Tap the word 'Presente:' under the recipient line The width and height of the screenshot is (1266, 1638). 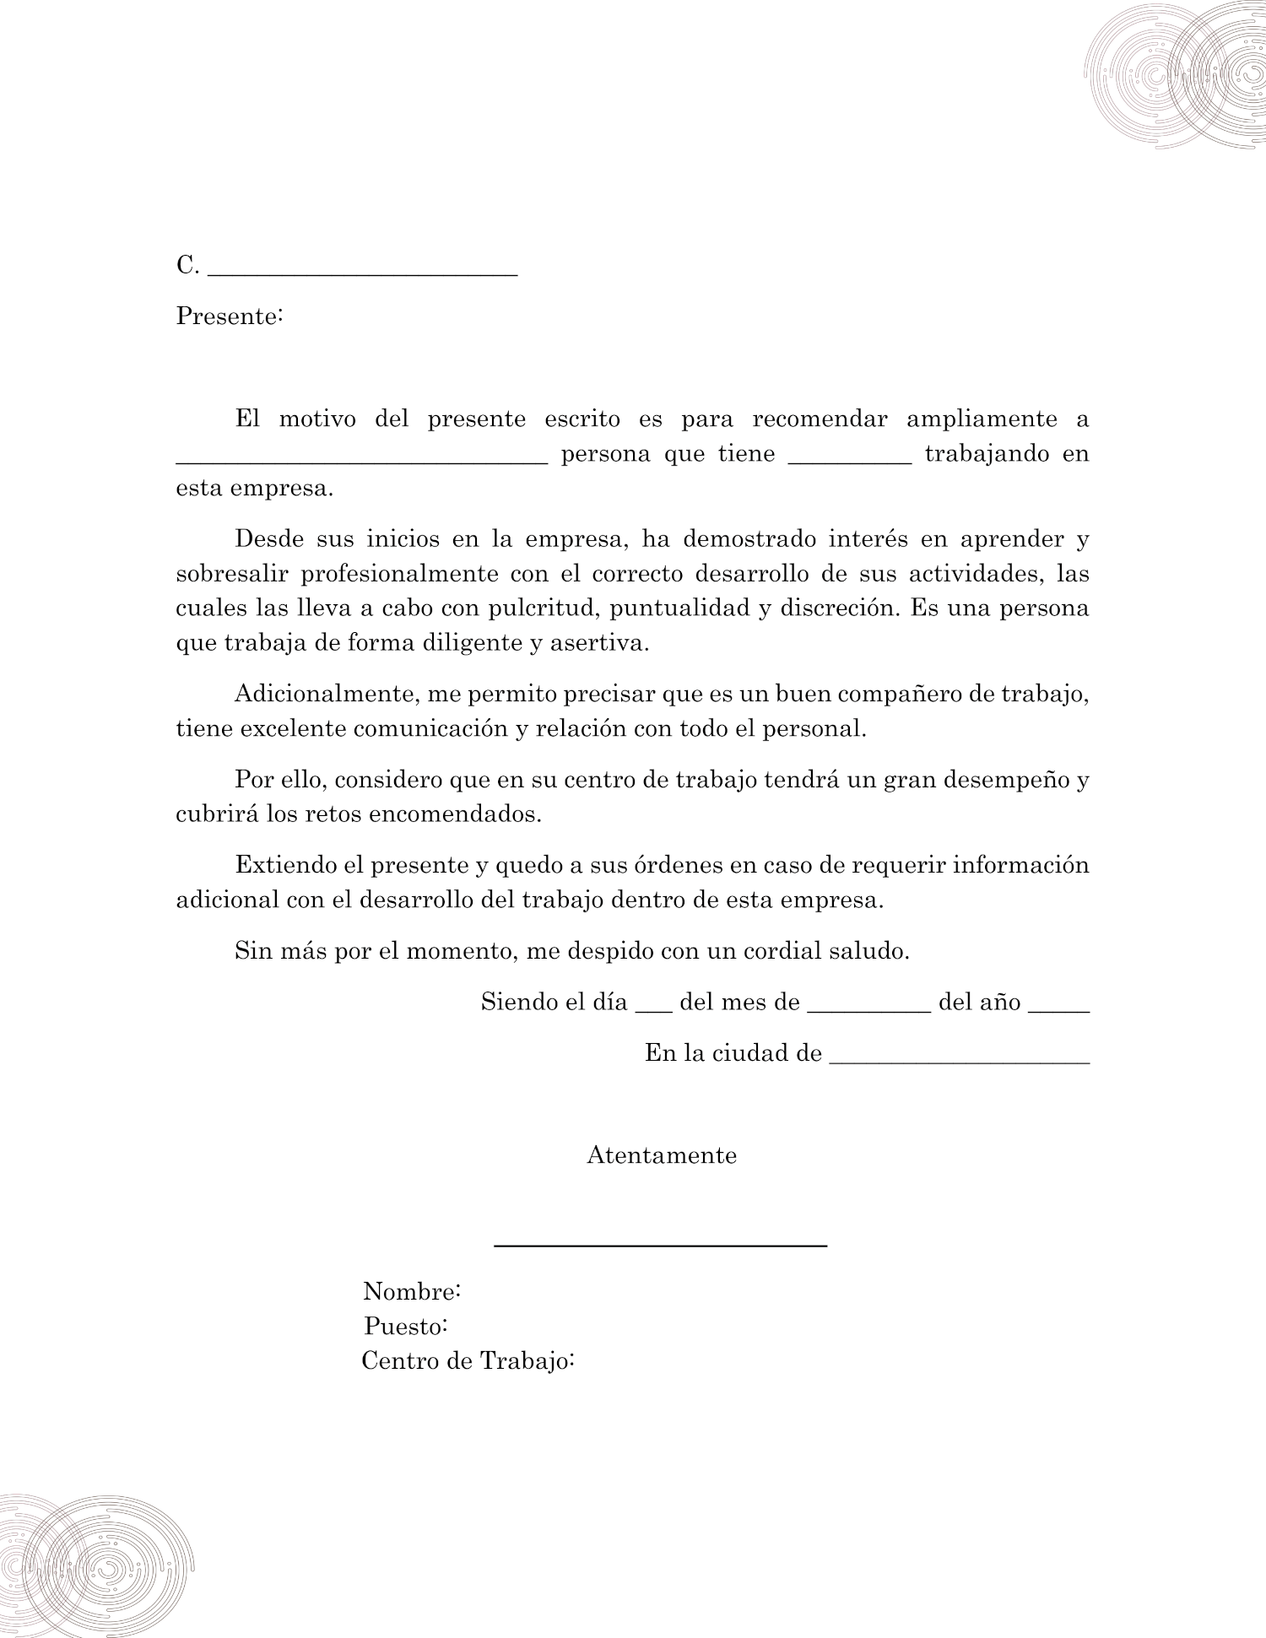click(229, 316)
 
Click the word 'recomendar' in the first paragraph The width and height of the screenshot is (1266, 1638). click(820, 419)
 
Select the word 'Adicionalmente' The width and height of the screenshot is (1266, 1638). click(325, 694)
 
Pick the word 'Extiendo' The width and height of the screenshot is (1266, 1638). click(282, 865)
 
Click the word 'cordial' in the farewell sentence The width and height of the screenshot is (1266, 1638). click(782, 951)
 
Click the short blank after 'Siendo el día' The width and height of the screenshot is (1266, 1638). click(653, 1008)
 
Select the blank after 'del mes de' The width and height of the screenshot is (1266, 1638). click(869, 1008)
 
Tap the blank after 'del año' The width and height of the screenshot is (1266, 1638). click(1059, 1008)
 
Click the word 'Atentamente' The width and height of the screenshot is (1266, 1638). click(662, 1155)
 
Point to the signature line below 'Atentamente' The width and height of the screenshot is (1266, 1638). click(660, 1245)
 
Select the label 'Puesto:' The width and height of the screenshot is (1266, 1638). click(405, 1327)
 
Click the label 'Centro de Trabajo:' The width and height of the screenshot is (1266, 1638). click(468, 1361)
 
